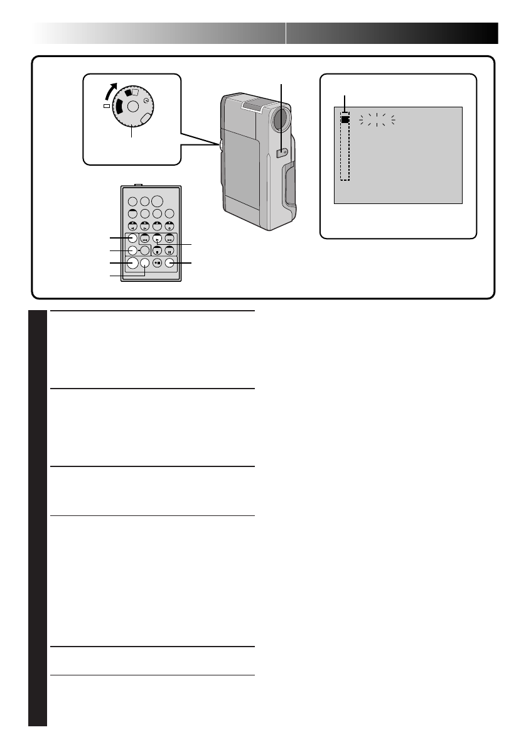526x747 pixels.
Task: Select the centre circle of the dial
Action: pyautogui.click(x=132, y=106)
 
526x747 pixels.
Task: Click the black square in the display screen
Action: pyautogui.click(x=345, y=118)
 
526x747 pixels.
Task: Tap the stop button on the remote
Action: pyautogui.click(x=157, y=251)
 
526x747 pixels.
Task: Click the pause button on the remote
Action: pyautogui.click(x=169, y=251)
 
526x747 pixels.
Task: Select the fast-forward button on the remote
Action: pyautogui.click(x=169, y=239)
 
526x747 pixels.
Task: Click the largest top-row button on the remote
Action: pyautogui.click(x=157, y=202)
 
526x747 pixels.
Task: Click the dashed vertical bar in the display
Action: pyautogui.click(x=345, y=151)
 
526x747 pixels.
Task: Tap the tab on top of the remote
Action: pyautogui.click(x=139, y=185)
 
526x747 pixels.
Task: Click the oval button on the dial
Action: pyautogui.click(x=146, y=119)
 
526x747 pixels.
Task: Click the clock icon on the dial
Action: pyautogui.click(x=147, y=100)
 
